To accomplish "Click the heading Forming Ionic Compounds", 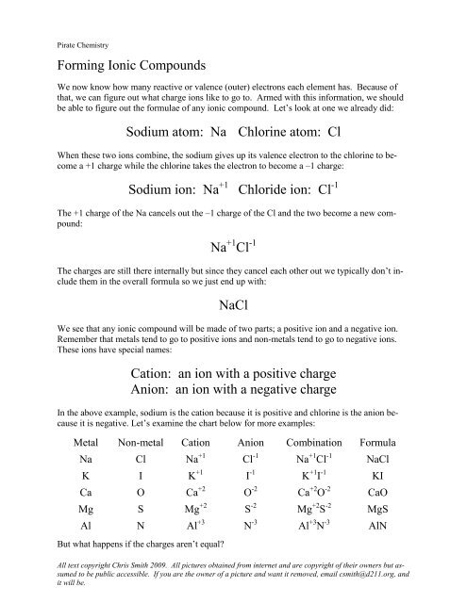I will tap(128, 68).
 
